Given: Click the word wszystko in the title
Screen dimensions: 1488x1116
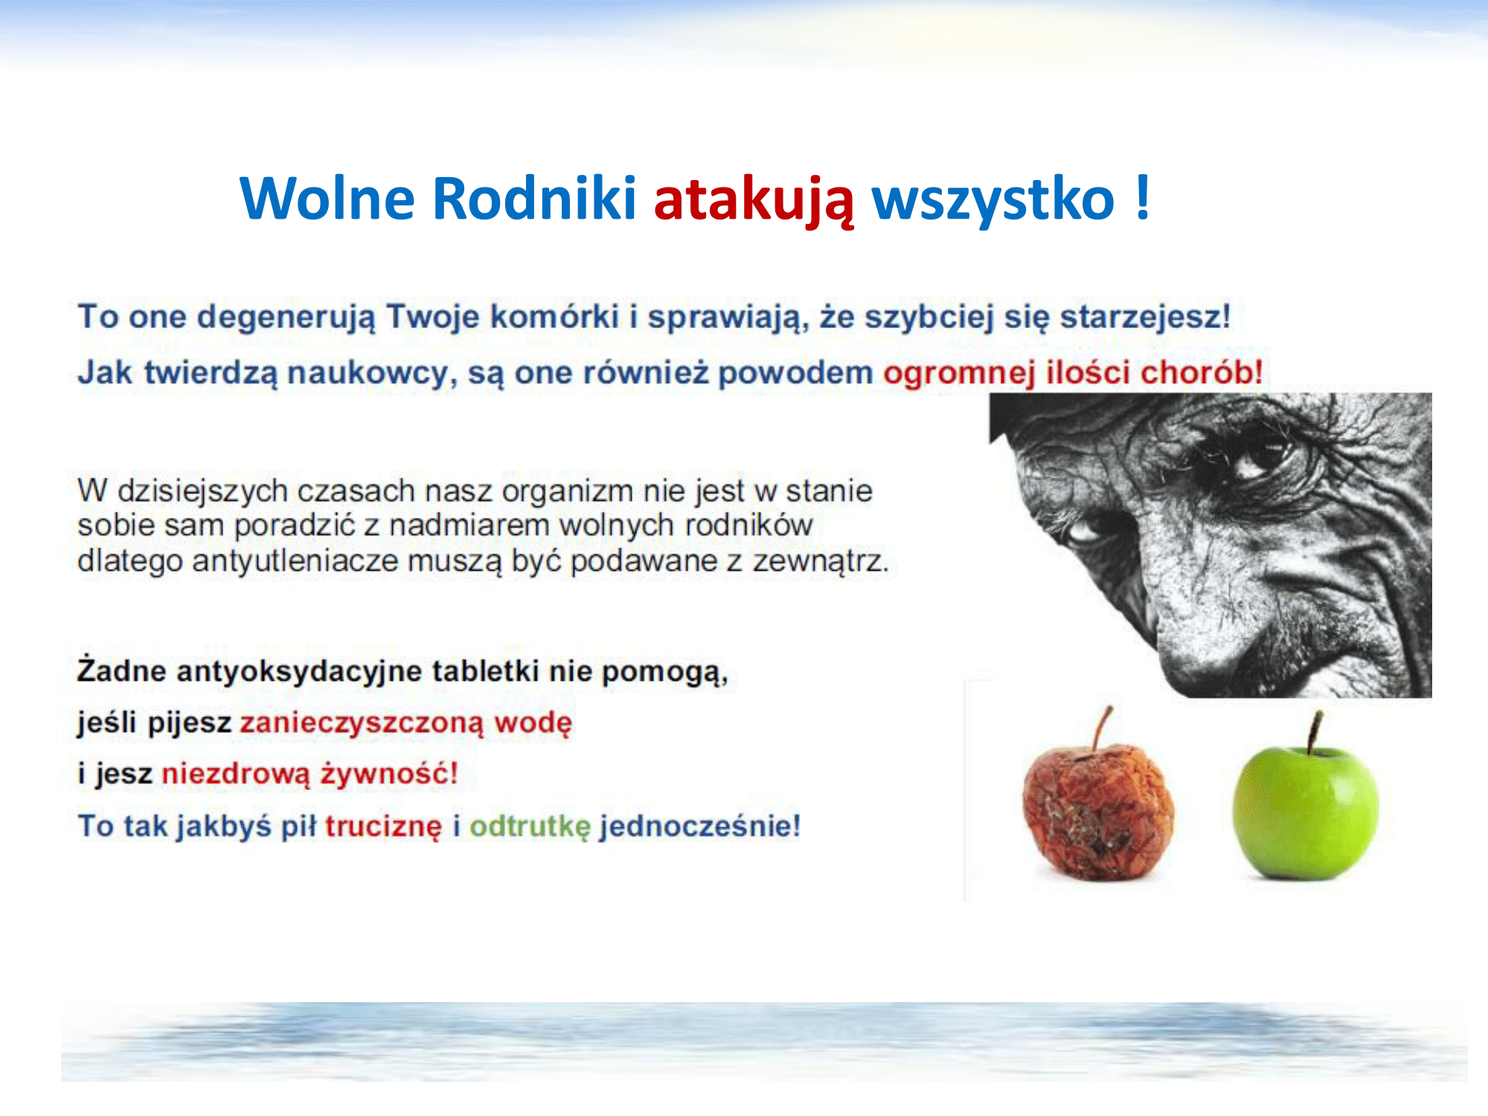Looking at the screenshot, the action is [993, 199].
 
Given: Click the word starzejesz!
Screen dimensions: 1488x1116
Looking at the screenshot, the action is [1146, 317].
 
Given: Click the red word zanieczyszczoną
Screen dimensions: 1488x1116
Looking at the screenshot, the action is [362, 723].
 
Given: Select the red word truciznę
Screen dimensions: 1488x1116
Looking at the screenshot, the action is [383, 827].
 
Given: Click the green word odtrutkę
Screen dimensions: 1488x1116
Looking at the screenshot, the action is [530, 827].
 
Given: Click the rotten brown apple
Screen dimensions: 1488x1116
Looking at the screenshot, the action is [1097, 811].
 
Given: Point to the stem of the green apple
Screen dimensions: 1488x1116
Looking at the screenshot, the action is [1315, 732].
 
